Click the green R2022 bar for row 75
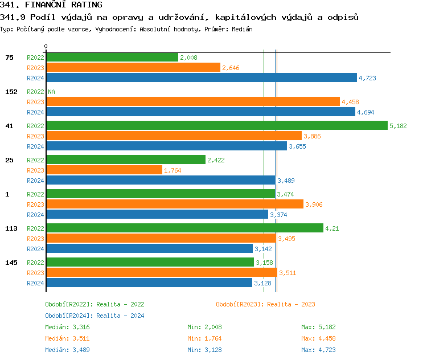(112, 57)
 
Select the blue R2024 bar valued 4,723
(201, 78)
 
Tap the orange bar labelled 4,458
(192, 101)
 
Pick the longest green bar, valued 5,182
(216, 125)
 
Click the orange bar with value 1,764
(104, 170)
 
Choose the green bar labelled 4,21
(184, 228)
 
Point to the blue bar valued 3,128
(149, 283)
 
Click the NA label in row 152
(51, 92)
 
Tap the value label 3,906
(314, 204)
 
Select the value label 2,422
(216, 160)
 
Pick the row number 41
(9, 126)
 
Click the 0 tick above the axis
(46, 46)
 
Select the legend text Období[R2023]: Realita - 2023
(265, 304)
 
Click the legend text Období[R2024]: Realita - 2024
(95, 316)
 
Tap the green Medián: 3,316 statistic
(67, 327)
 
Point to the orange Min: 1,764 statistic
(204, 338)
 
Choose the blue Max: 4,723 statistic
(318, 350)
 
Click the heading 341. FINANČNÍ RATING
(51, 5)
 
